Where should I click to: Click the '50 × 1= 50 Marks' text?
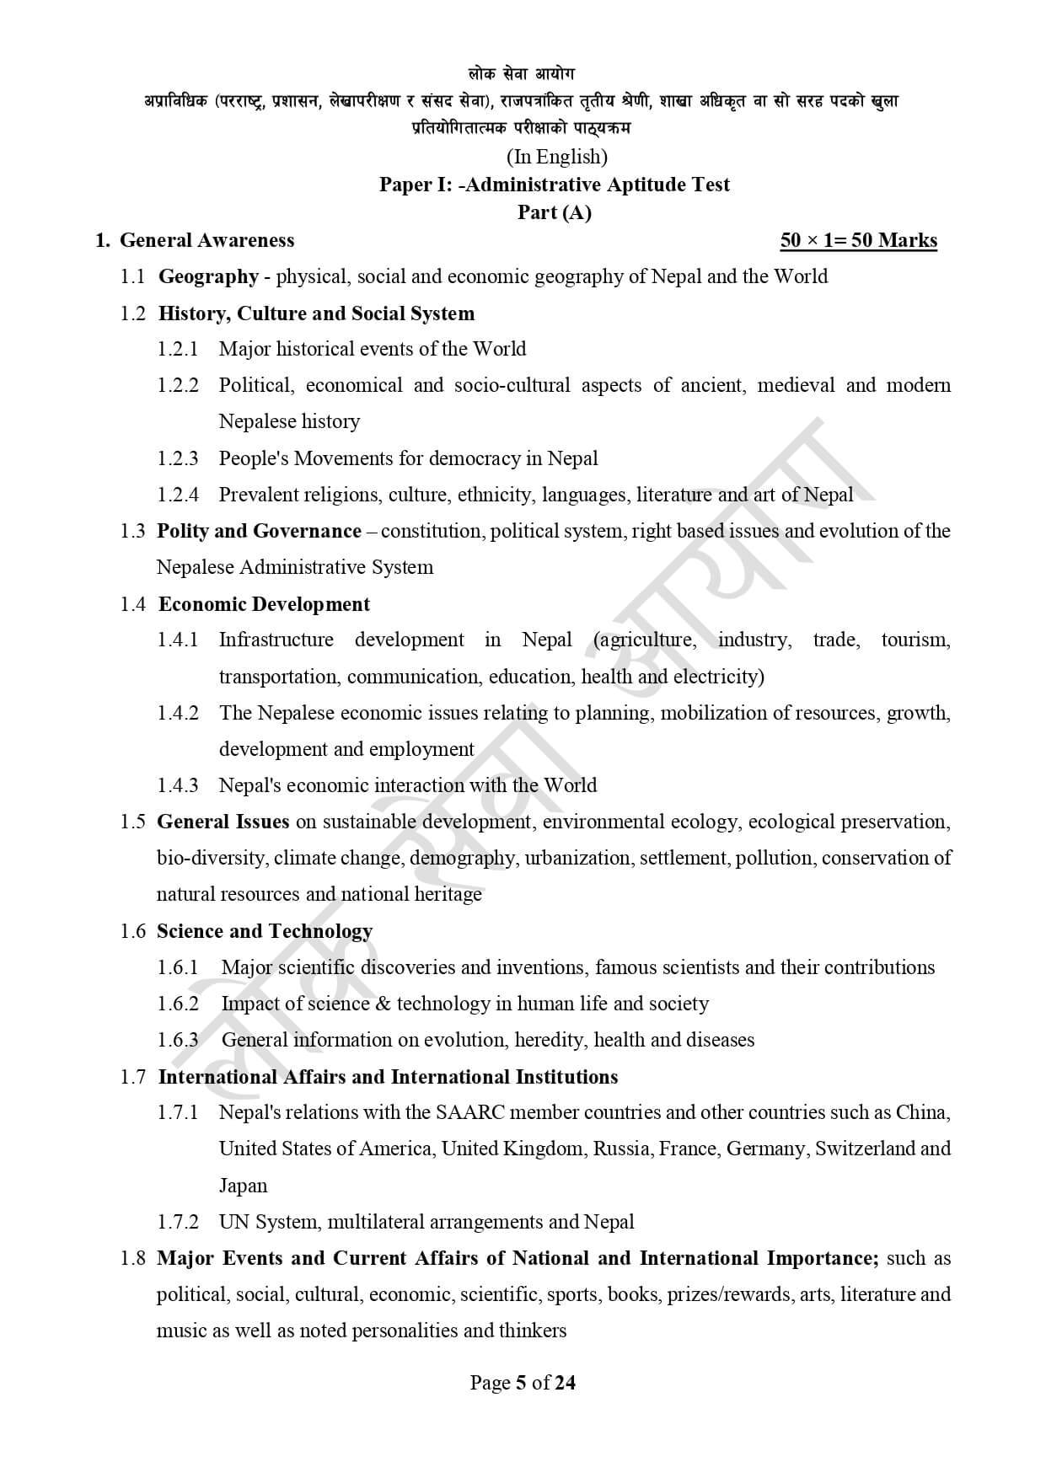click(x=858, y=241)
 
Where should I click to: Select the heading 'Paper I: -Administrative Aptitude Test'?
click(x=554, y=185)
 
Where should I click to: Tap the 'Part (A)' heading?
click(x=554, y=212)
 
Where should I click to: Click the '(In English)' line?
click(x=556, y=157)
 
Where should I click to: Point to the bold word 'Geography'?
click(x=208, y=276)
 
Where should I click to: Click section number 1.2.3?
click(x=178, y=458)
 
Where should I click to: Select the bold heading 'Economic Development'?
click(x=264, y=604)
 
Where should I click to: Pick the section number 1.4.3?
click(x=178, y=785)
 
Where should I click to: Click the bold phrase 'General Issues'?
click(x=223, y=822)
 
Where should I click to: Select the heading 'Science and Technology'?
click(x=264, y=931)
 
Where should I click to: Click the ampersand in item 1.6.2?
click(x=383, y=1004)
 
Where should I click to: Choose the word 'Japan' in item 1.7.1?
click(x=243, y=1186)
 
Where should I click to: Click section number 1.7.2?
click(x=178, y=1222)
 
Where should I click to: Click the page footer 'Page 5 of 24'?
click(x=523, y=1383)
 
